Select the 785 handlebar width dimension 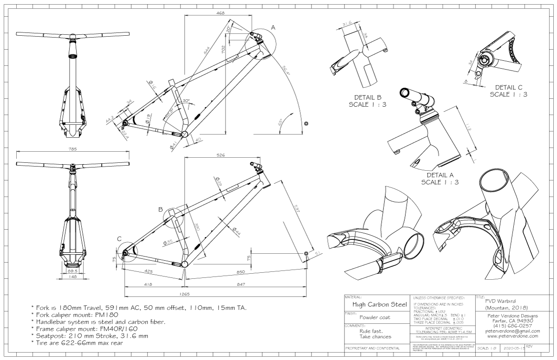point(72,149)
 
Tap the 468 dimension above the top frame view point(220,13)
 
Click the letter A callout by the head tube point(273,28)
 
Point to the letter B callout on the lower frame point(160,209)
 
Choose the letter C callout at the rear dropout point(119,238)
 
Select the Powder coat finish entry point(375,317)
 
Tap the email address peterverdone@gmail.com point(512,331)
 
